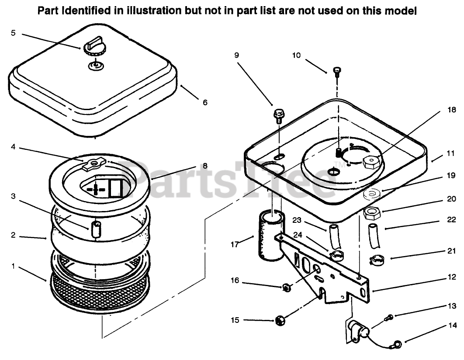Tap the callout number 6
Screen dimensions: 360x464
(x=205, y=103)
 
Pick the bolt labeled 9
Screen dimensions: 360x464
(x=278, y=115)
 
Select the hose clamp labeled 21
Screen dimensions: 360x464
(x=377, y=260)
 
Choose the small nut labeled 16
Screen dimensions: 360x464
(x=286, y=287)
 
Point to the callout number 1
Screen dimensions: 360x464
(x=13, y=265)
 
